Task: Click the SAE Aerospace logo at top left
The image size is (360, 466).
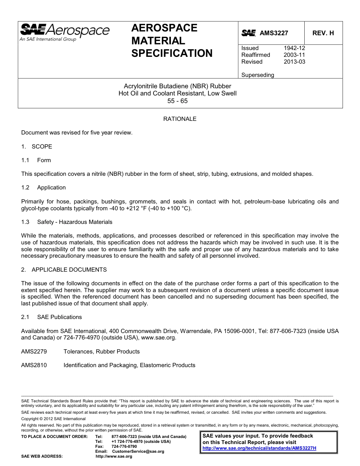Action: coord(64,33)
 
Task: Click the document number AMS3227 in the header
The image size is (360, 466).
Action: coord(274,33)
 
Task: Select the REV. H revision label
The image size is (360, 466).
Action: coord(323,33)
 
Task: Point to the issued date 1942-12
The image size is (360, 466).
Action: coord(294,48)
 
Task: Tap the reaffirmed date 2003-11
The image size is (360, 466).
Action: coord(294,55)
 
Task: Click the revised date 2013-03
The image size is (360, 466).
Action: coord(294,62)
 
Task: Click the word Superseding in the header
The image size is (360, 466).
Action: coord(257,75)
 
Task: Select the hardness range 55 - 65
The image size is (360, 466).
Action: coord(177,101)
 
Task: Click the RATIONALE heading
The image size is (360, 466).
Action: coord(180,119)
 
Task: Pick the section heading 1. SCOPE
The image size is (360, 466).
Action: coord(37,147)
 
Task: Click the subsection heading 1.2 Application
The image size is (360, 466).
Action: coord(44,188)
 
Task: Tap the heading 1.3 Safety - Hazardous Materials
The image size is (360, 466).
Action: coord(67,222)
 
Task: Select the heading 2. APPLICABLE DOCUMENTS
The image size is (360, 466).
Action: coord(64,270)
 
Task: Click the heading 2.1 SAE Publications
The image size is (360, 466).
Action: coord(52,317)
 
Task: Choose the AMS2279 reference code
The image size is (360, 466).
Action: coord(34,352)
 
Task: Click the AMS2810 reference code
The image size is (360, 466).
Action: coord(34,365)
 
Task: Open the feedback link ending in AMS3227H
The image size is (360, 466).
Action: coord(259,448)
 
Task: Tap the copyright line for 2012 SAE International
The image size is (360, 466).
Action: coord(53,419)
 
